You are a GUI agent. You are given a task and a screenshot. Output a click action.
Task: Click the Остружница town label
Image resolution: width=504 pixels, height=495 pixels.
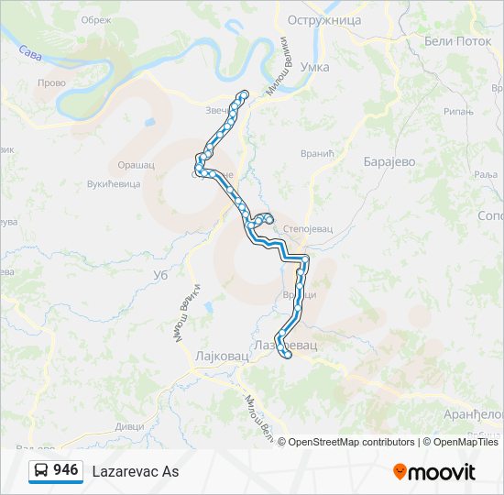tap(324, 20)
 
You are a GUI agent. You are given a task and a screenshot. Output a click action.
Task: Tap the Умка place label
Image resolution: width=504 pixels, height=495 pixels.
tap(314, 68)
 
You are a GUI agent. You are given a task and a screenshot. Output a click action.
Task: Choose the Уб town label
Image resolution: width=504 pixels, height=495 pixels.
tap(159, 274)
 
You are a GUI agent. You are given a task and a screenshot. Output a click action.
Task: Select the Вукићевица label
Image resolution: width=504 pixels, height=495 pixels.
tap(114, 183)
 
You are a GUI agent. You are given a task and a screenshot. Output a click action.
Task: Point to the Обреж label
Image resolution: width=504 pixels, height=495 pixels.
tap(95, 20)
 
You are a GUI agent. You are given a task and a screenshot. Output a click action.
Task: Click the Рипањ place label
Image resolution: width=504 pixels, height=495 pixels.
tap(458, 112)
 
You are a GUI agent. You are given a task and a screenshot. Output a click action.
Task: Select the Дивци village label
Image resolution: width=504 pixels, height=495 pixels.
tap(128, 426)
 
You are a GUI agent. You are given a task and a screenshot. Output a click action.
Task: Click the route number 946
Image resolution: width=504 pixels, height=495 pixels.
tap(66, 470)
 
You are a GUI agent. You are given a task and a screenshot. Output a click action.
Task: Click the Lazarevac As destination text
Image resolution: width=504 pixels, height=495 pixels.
tap(136, 471)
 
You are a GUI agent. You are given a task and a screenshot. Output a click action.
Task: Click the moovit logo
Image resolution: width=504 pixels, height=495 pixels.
tap(435, 471)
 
